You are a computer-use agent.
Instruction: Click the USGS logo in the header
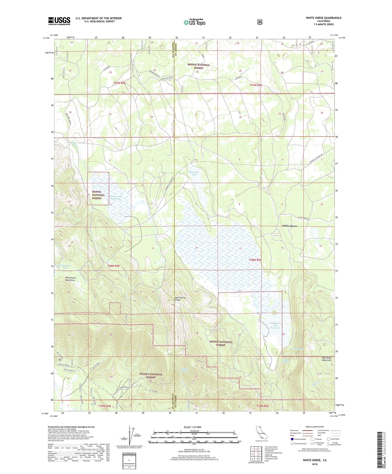(59, 21)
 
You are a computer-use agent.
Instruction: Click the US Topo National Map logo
(194, 22)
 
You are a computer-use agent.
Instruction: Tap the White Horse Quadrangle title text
(323, 18)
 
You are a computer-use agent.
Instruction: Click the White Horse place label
(289, 226)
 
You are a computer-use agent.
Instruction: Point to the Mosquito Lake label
(194, 173)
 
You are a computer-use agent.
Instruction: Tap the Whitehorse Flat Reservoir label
(275, 325)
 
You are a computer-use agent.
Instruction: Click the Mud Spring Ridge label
(180, 299)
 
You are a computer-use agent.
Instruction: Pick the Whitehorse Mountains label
(70, 279)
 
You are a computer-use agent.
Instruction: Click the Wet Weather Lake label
(65, 266)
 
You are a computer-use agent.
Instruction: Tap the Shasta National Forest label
(151, 376)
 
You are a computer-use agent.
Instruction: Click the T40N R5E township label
(255, 260)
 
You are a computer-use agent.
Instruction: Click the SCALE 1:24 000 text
(192, 427)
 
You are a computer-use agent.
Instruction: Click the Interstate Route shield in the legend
(292, 439)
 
